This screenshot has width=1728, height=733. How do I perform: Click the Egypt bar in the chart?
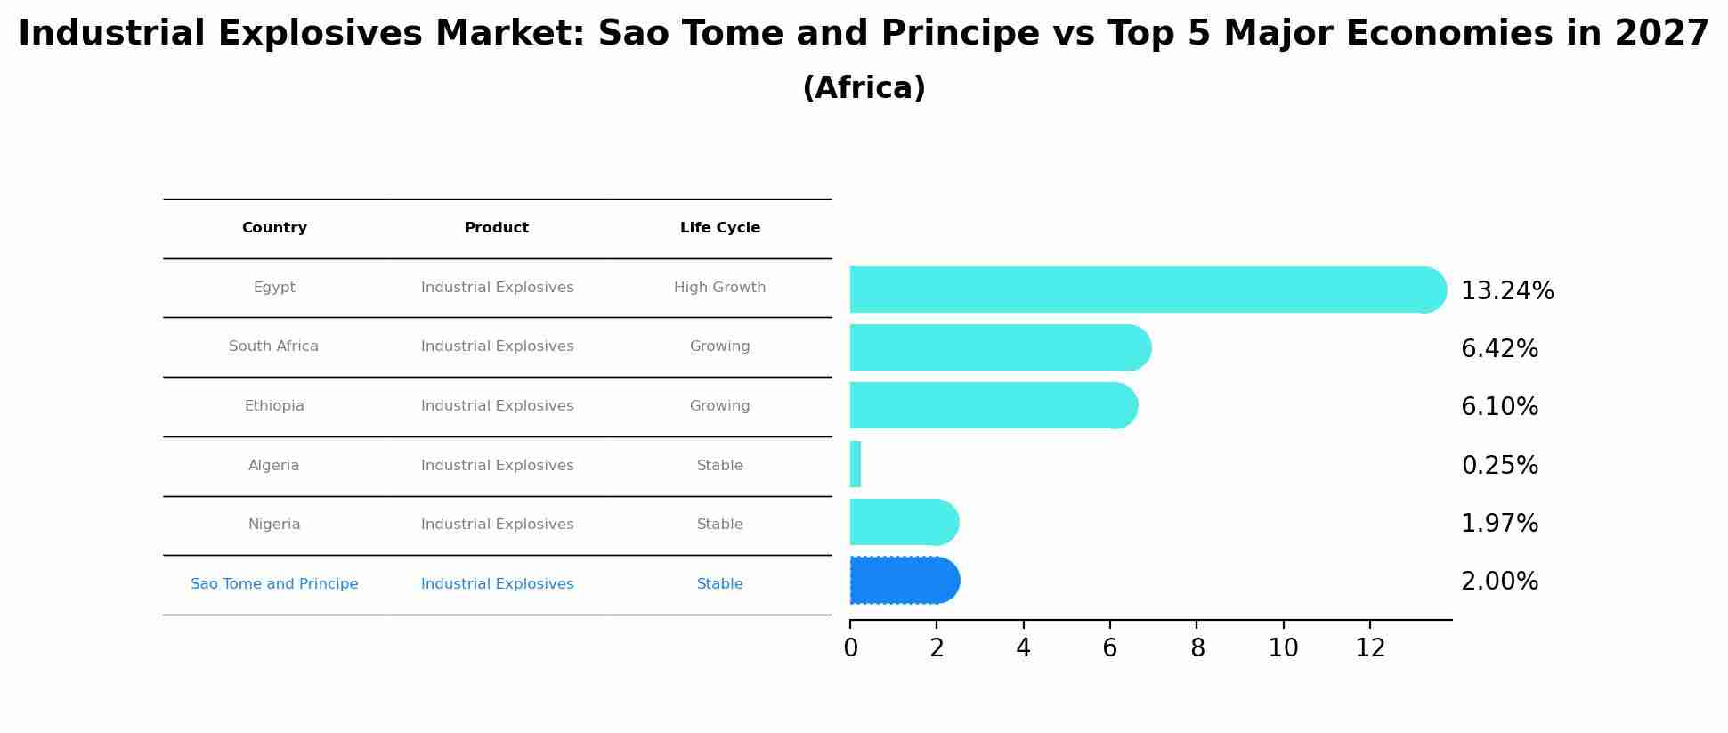1147,289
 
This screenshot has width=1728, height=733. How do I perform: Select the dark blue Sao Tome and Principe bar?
904,581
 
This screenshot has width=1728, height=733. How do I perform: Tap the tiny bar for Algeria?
856,464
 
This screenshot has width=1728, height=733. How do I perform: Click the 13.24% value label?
1507,291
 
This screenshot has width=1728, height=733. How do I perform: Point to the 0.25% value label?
1499,466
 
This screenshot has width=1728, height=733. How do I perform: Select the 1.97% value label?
1499,524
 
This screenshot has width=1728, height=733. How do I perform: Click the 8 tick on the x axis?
1197,648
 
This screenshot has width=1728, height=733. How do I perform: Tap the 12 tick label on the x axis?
1370,648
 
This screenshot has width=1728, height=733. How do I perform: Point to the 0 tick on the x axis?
850,648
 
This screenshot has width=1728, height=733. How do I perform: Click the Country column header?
274,228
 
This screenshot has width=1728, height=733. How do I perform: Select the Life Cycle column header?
719,228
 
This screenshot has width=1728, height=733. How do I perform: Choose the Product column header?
497,228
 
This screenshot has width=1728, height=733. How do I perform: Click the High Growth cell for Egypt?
719,288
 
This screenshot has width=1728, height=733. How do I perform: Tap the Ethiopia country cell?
274,406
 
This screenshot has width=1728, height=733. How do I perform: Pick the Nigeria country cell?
274,525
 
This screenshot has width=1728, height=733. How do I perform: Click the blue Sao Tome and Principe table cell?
274,584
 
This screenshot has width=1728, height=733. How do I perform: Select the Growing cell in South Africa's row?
719,346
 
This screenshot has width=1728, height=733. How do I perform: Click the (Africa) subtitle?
864,88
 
